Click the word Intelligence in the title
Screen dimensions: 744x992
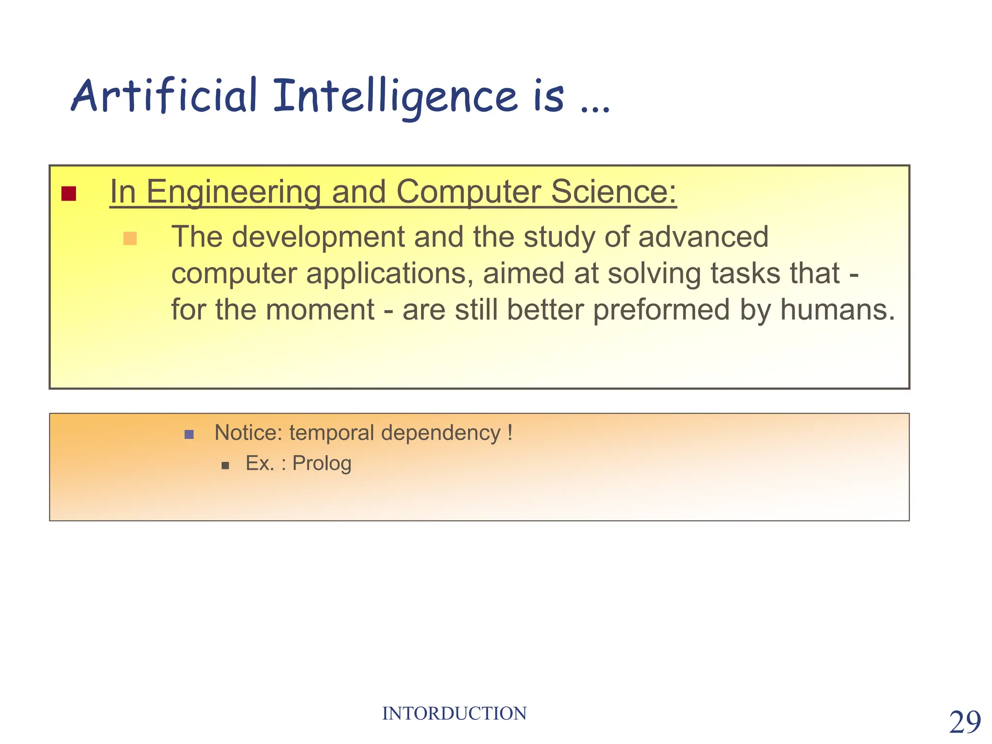tap(395, 96)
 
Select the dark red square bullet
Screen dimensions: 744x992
tap(69, 193)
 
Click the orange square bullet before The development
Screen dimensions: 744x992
tap(130, 238)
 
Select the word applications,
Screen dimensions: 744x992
tap(389, 273)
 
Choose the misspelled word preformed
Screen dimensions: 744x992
tap(661, 310)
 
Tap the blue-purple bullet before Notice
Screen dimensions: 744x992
tap(189, 434)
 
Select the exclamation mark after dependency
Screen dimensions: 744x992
tap(510, 432)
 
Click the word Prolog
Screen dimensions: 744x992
tap(322, 464)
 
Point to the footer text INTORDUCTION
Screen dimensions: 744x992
tap(454, 713)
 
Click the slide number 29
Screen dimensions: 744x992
tap(964, 722)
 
